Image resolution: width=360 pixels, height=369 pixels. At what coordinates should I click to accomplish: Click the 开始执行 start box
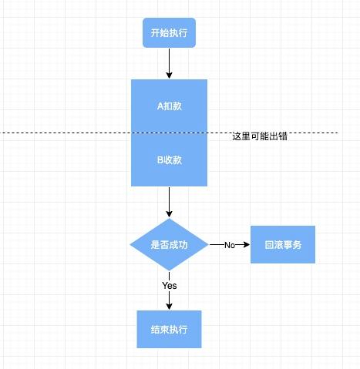click(169, 32)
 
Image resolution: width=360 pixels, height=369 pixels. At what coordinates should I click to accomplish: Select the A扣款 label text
click(170, 106)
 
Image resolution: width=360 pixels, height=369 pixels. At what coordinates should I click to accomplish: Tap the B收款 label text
click(170, 160)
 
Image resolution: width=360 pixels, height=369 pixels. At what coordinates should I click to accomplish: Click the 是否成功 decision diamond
click(169, 244)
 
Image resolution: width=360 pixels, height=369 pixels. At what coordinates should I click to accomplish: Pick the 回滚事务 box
click(283, 244)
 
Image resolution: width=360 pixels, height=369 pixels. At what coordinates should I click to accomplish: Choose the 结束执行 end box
click(169, 329)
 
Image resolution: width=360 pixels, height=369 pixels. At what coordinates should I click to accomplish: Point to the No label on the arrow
click(230, 245)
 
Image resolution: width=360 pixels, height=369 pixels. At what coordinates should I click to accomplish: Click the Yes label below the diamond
click(170, 285)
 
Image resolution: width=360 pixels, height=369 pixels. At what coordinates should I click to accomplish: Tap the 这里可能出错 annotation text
click(260, 136)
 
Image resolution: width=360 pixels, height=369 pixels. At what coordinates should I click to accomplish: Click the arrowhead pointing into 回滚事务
click(247, 244)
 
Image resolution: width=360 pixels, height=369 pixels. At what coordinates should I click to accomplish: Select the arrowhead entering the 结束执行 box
click(169, 307)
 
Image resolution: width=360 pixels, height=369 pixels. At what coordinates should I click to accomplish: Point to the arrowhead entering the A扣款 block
click(169, 75)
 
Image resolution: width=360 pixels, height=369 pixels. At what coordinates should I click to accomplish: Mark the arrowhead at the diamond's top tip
click(169, 214)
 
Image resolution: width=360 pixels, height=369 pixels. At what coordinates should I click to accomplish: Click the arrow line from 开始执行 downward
click(169, 63)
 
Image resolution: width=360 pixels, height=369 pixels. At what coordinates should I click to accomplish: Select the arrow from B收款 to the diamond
click(169, 202)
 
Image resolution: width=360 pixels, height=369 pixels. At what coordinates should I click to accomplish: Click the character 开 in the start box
click(155, 33)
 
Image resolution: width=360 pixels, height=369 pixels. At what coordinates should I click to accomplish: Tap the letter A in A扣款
click(160, 106)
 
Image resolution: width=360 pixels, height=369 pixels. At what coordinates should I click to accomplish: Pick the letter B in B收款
click(160, 160)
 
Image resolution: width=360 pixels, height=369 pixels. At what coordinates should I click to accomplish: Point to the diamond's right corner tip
click(208, 244)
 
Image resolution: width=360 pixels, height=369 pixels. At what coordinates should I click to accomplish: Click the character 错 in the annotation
click(283, 136)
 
